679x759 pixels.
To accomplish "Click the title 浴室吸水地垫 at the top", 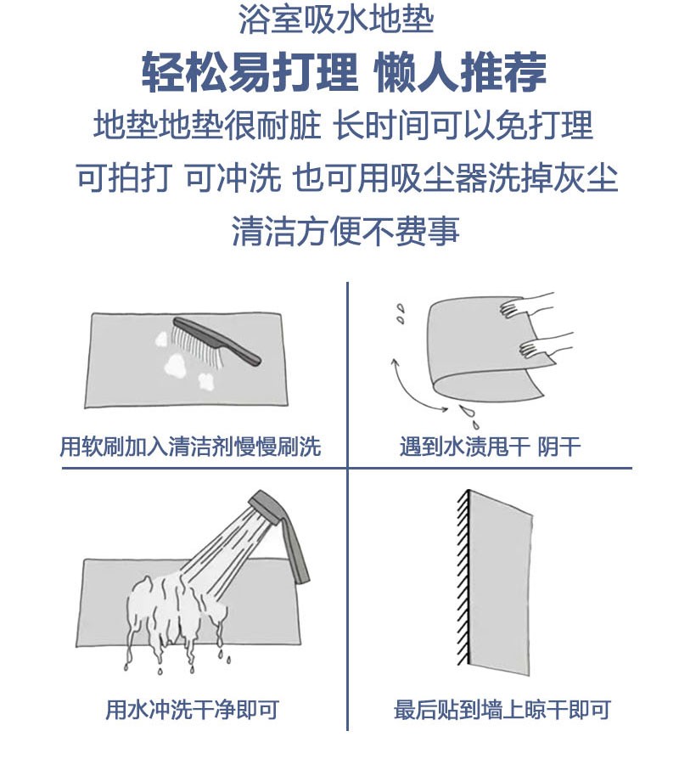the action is click(x=336, y=20).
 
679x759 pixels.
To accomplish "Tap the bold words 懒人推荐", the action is click(x=460, y=73).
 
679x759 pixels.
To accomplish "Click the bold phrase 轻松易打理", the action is click(x=250, y=73).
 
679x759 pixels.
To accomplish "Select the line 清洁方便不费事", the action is click(x=345, y=231).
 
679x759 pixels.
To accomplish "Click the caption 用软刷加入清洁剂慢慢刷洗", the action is click(x=190, y=446).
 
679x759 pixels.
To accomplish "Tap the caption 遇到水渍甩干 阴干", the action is click(x=490, y=446).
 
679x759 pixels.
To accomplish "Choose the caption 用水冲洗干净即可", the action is click(x=192, y=710).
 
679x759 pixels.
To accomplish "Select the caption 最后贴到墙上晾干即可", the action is click(x=502, y=710).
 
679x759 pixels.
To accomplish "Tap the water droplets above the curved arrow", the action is click(x=400, y=313).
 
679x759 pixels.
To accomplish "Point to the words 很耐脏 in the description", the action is click(x=273, y=126).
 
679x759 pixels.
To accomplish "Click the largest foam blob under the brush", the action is click(x=175, y=365).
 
